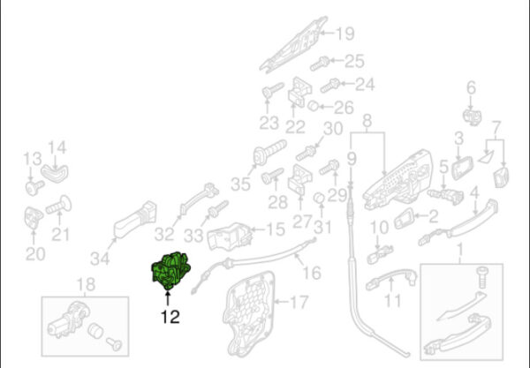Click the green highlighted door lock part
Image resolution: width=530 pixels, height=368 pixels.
(170, 271)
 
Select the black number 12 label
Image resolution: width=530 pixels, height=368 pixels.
(170, 317)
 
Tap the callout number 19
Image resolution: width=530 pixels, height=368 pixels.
(345, 34)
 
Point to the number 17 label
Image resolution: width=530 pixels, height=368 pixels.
(299, 302)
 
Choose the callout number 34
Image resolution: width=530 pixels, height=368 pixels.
(100, 259)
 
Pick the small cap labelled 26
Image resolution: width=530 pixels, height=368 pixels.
(314, 106)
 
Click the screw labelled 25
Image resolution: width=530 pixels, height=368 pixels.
(320, 64)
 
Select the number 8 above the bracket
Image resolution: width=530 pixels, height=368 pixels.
(367, 121)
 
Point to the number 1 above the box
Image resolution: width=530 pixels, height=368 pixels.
(459, 249)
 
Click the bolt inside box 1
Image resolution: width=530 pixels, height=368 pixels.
(482, 277)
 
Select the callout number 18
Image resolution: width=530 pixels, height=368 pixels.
(87, 285)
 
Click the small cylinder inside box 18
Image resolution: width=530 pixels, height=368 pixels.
(95, 331)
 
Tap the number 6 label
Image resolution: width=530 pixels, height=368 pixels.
(471, 87)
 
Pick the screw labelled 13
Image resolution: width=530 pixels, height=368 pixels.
(34, 187)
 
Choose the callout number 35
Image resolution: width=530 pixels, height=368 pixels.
(240, 184)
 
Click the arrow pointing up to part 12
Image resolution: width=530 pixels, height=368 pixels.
(167, 299)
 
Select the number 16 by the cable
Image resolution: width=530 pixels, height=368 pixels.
(312, 273)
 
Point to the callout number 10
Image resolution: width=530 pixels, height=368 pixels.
(380, 228)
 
